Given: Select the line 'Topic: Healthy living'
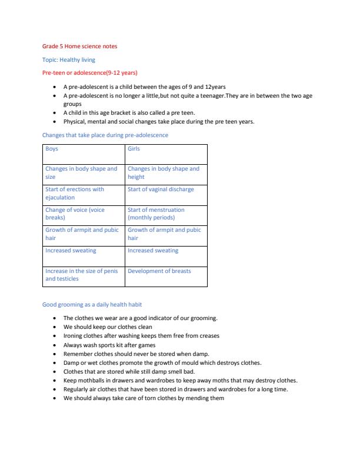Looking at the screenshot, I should pyautogui.click(x=68, y=59).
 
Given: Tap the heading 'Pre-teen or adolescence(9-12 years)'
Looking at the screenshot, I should pyautogui.click(x=89, y=73).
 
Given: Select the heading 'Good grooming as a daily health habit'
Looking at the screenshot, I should pyautogui.click(x=92, y=305).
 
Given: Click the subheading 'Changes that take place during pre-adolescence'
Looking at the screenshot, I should pyautogui.click(x=105, y=135).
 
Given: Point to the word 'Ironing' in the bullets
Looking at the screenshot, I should pyautogui.click(x=74, y=336).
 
